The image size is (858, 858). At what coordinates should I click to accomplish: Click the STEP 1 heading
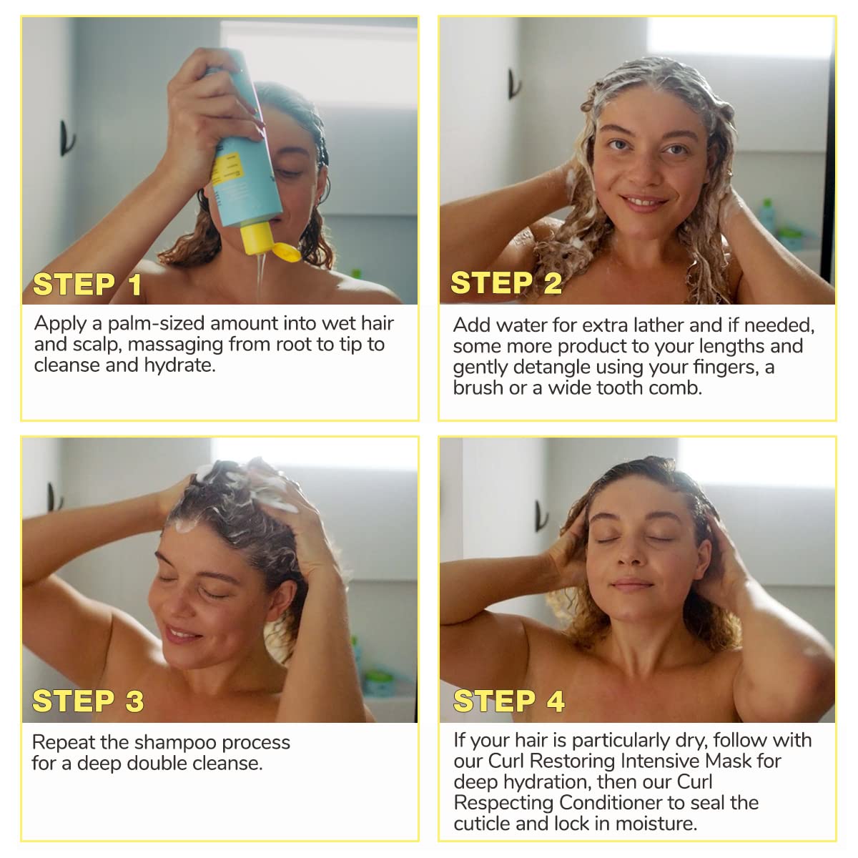point(87,285)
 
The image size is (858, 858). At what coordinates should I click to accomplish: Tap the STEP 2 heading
point(506,283)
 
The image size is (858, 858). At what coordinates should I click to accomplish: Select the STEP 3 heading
point(88,701)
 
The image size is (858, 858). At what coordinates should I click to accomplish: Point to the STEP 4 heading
point(508,701)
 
